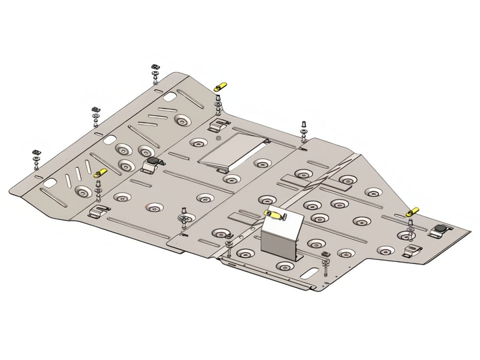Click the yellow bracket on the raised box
pos(274,215)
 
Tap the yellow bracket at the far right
pos(413,211)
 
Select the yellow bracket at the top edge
pos(219,86)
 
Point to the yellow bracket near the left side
pos(101,173)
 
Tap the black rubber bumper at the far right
pos(441,229)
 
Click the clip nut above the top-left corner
pos(153,67)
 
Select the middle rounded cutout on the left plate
pos(107,141)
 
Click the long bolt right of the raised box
pos(325,266)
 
